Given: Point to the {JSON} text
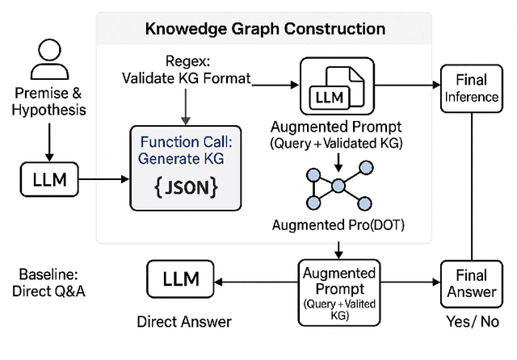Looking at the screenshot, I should tap(186, 189).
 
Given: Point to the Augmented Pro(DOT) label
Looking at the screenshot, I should tap(338, 221).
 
